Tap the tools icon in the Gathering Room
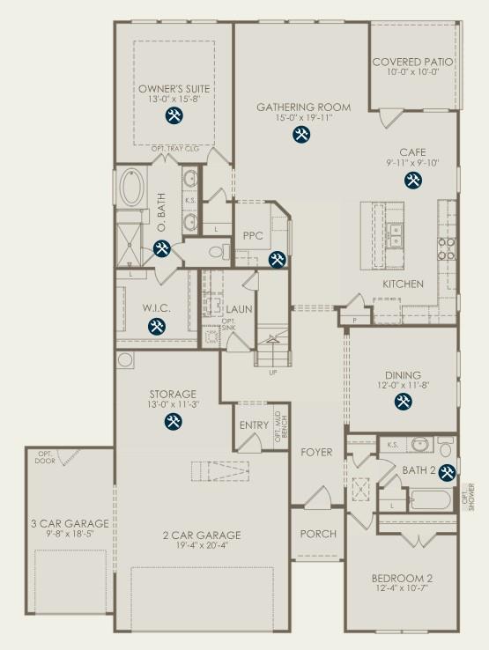302,135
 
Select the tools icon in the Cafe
412,181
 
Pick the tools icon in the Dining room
403,402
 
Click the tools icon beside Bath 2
447,472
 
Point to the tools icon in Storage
173,422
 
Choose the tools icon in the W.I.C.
157,327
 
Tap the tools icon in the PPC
277,259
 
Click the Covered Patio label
412,63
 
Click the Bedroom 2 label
401,578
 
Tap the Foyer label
316,453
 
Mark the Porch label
317,534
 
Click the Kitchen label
404,284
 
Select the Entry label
254,426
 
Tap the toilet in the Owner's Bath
214,252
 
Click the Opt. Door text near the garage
45,458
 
